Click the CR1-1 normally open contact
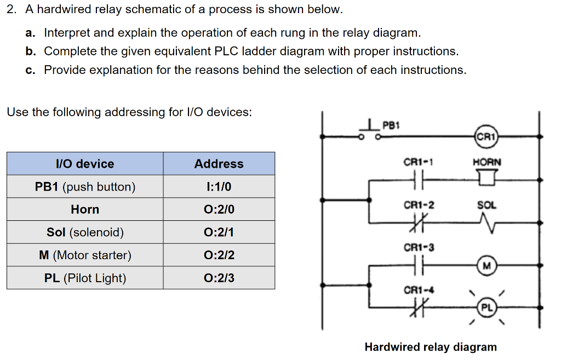tap(418, 179)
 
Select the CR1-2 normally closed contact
tap(418, 222)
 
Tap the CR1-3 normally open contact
tap(418, 266)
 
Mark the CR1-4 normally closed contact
tap(418, 308)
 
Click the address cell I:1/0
tap(219, 187)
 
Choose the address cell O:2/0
tap(219, 209)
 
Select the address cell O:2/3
tap(219, 278)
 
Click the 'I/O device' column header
tap(85, 164)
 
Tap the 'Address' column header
tap(219, 164)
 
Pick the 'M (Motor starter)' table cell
tap(85, 255)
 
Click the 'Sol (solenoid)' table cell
tap(85, 232)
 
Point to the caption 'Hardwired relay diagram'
tap(431, 347)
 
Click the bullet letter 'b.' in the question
tap(31, 52)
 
